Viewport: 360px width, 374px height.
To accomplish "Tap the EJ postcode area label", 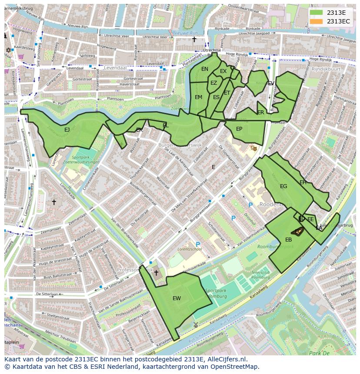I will tap(67, 129).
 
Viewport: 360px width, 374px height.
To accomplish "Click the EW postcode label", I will tap(177, 298).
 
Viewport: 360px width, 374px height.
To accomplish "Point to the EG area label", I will tap(283, 186).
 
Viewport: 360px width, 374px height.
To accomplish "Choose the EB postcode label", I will tap(288, 240).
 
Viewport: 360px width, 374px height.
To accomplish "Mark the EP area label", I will tap(239, 129).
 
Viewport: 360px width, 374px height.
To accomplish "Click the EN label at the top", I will tap(205, 69).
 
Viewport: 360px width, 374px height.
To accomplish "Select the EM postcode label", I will tap(198, 97).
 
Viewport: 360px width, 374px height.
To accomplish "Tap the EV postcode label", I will tap(271, 83).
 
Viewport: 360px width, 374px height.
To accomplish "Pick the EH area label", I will tap(303, 182).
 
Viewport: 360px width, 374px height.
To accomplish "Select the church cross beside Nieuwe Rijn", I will tap(194, 40).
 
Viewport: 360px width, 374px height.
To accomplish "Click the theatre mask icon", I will tap(254, 148).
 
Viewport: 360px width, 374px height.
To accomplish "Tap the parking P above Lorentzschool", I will tap(198, 245).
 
